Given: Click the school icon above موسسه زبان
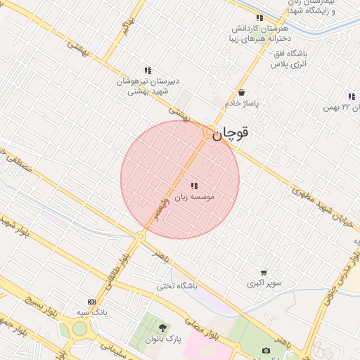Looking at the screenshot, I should coord(194,186).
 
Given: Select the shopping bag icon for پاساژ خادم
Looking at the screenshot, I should coord(242,92).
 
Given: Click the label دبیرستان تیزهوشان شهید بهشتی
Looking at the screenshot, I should coord(148,86).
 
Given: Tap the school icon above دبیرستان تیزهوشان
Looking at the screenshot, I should coord(148,70).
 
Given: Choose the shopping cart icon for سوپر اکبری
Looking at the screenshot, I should coord(264,273).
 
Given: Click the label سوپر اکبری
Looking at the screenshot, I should coord(264,284).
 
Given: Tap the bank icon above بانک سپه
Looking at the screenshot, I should coord(91,302).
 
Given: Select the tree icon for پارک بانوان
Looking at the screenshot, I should coord(163,328).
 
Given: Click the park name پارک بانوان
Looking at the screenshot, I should coord(163,339).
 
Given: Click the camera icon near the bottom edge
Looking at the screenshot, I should coord(266,350).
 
